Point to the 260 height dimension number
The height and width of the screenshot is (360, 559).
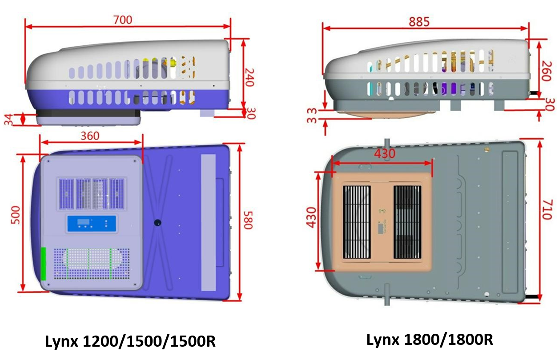click(546, 70)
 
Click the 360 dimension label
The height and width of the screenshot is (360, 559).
click(91, 135)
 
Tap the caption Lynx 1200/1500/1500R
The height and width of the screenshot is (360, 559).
click(130, 341)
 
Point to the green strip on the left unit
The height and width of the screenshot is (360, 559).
click(44, 264)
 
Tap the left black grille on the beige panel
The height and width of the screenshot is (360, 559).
click(357, 222)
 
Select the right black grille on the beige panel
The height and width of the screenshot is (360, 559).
click(407, 222)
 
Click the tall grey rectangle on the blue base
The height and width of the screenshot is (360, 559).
click(208, 222)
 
